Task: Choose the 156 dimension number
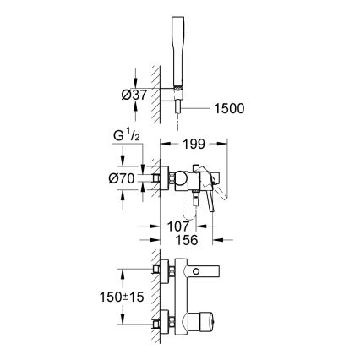(187, 239)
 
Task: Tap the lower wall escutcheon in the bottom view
(161, 323)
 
